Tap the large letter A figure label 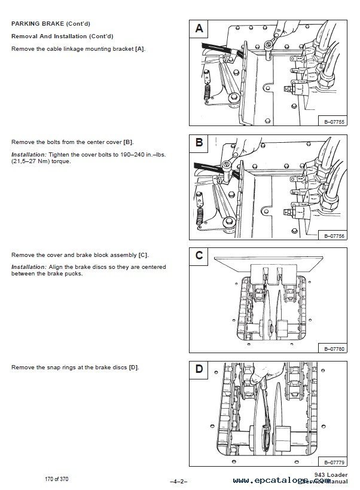click(x=199, y=29)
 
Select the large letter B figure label click(x=199, y=143)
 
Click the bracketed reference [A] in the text click(x=140, y=48)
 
